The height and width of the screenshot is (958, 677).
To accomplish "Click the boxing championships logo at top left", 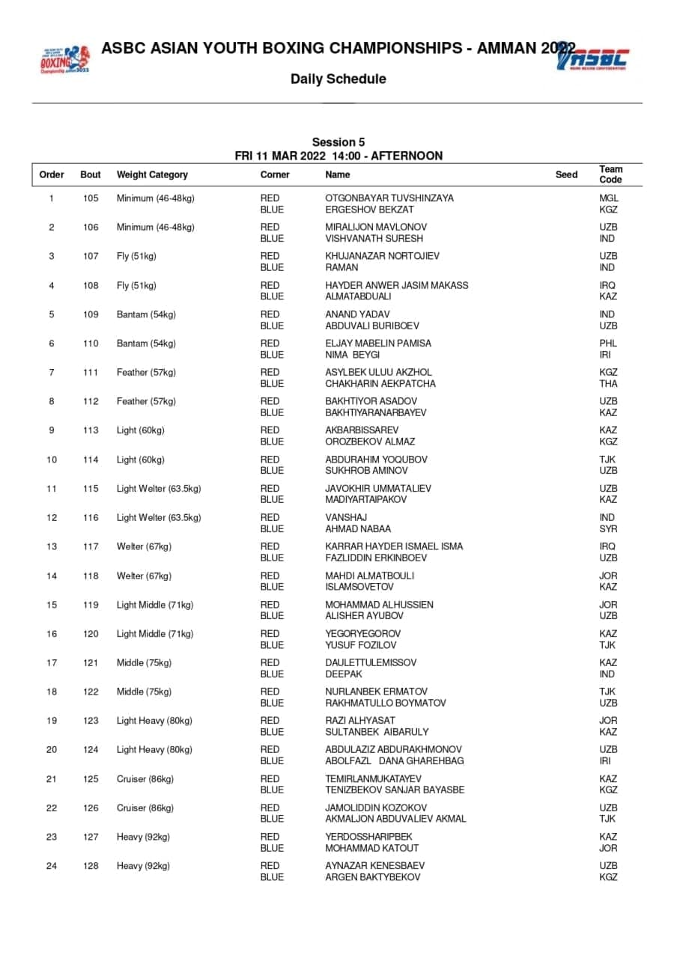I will click(64, 58).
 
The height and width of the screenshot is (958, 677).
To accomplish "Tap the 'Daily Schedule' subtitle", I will click(338, 79).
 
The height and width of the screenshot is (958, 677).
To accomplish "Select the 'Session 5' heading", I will click(338, 142).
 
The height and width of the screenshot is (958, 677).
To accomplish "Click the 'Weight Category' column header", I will click(152, 175).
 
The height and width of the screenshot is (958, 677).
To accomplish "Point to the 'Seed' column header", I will click(566, 175).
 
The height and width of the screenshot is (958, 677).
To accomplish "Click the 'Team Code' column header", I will click(610, 174).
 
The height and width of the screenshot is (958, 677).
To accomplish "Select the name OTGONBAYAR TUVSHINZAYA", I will click(389, 198).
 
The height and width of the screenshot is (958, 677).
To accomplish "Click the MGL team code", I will click(609, 198).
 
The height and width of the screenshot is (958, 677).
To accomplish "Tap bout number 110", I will click(91, 344).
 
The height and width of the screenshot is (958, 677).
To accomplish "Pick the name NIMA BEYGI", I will click(352, 355).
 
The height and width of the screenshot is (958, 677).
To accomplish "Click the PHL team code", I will click(608, 344).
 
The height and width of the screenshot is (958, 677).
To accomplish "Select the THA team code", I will click(608, 384).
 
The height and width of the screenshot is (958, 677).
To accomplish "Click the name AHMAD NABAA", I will click(358, 529).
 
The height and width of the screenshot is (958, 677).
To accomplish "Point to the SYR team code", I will click(608, 529).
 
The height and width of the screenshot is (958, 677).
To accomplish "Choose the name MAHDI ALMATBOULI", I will click(369, 576).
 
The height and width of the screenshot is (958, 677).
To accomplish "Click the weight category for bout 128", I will click(143, 866).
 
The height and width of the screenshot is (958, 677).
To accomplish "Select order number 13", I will click(52, 546).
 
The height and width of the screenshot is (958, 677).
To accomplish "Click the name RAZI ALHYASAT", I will click(360, 721).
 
